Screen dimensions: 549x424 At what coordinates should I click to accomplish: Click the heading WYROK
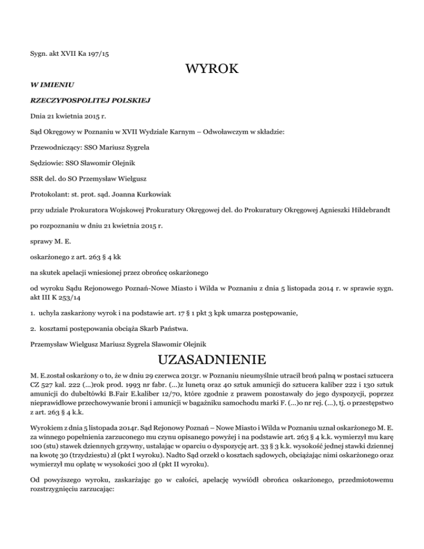[x=211, y=70]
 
